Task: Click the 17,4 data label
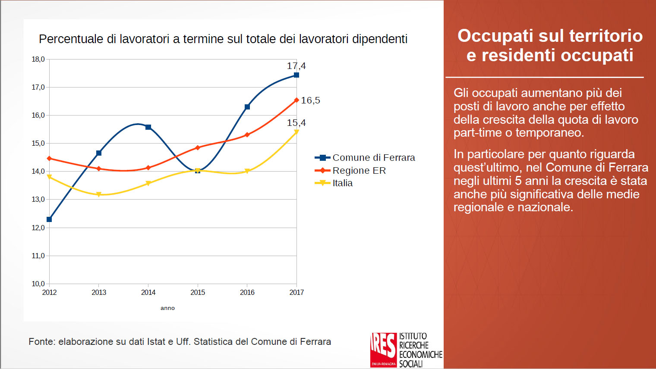tap(296, 66)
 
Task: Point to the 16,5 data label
tap(310, 100)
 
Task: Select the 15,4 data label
tap(296, 123)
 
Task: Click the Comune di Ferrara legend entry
tap(373, 158)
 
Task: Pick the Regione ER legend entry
tap(359, 171)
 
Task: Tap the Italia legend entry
tap(342, 183)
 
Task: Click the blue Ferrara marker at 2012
tap(49, 219)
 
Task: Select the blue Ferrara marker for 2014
tap(148, 127)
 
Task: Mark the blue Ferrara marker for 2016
tap(247, 107)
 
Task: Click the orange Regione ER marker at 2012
tap(49, 159)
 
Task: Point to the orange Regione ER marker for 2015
tap(198, 148)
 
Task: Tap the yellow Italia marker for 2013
tap(99, 194)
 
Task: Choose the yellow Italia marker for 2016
tap(247, 171)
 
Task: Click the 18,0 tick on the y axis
tap(38, 59)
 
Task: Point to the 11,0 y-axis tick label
tap(38, 256)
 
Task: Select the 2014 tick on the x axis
tap(148, 292)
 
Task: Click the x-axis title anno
tap(167, 308)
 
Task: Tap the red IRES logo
tap(383, 350)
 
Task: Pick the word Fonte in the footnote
tap(41, 342)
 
